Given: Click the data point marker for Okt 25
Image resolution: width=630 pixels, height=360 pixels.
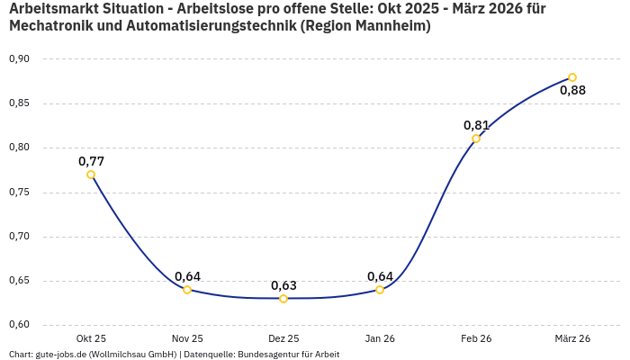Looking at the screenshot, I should click(91, 175).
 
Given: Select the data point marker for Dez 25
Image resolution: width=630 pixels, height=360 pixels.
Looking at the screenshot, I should click(283, 299).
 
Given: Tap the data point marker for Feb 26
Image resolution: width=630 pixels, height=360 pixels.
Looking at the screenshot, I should click(476, 139).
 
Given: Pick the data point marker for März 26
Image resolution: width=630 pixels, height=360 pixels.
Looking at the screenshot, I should click(572, 77).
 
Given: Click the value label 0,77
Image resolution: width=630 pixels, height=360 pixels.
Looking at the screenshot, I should click(91, 161).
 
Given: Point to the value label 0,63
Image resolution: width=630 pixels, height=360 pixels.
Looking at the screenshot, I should click(283, 285).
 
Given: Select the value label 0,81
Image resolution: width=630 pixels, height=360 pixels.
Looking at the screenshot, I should click(476, 125).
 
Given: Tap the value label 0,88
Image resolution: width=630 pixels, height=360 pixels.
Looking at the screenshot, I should click(572, 90).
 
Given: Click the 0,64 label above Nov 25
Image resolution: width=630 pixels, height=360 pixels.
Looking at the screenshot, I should click(187, 276).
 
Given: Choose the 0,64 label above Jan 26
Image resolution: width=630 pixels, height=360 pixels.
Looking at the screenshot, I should click(380, 276).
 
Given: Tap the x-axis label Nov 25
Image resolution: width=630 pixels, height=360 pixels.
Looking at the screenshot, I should click(187, 338).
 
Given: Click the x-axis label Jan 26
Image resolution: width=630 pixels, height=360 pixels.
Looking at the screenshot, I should click(380, 338).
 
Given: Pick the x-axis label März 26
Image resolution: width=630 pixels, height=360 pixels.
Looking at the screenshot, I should click(572, 338).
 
